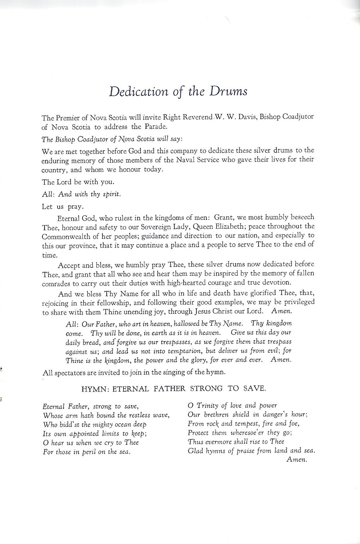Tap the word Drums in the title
click(228, 92)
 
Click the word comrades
click(56, 283)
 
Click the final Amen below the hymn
click(297, 460)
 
